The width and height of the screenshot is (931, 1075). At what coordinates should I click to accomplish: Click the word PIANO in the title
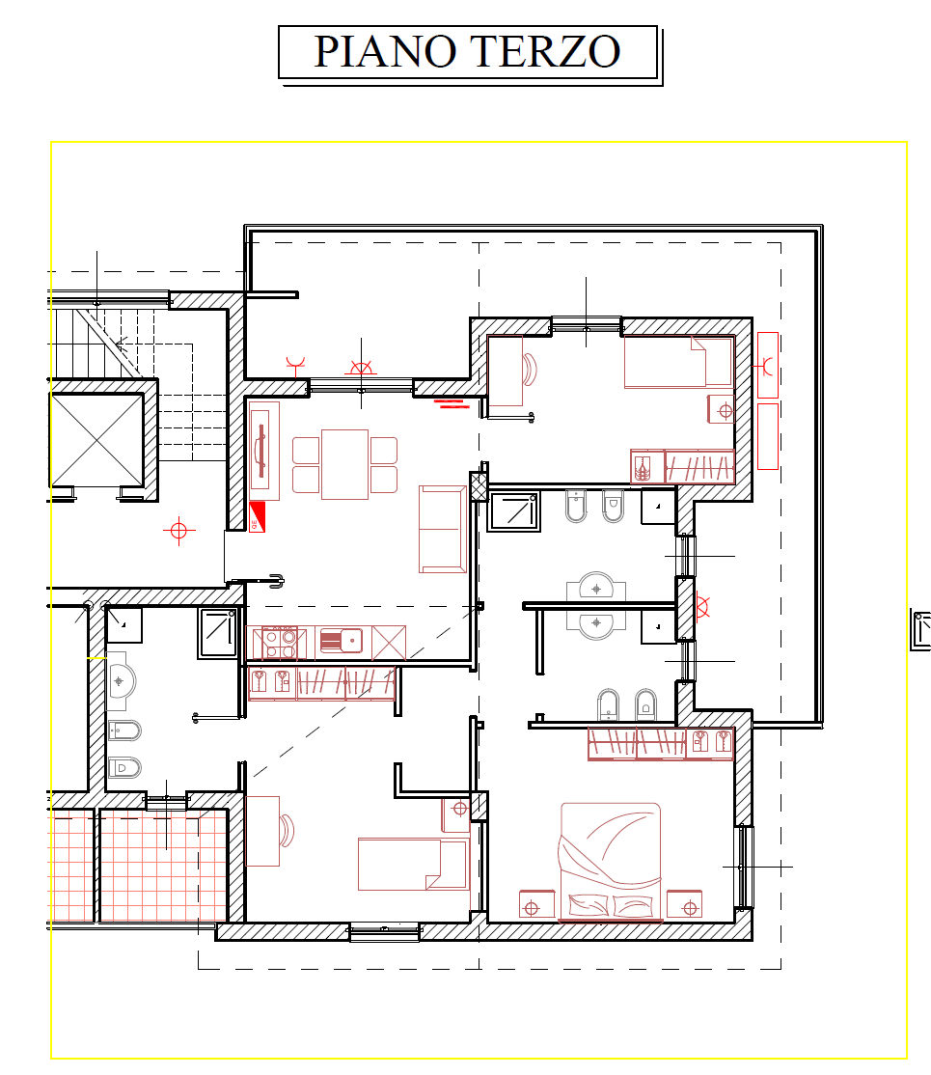pyautogui.click(x=385, y=51)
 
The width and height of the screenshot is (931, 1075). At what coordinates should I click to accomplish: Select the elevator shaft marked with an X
pyautogui.click(x=96, y=439)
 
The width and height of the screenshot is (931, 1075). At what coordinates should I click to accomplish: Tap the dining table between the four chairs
pyautogui.click(x=344, y=464)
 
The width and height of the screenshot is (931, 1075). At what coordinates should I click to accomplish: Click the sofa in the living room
pyautogui.click(x=443, y=529)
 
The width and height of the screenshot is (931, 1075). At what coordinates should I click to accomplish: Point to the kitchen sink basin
pyautogui.click(x=342, y=641)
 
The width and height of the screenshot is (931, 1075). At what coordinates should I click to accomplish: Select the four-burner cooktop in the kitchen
pyautogui.click(x=280, y=643)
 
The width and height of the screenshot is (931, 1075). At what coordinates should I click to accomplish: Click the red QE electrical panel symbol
pyautogui.click(x=257, y=517)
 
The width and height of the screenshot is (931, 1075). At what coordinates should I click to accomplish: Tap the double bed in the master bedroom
pyautogui.click(x=611, y=862)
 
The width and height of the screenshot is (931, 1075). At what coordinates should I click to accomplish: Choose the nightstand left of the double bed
pyautogui.click(x=536, y=904)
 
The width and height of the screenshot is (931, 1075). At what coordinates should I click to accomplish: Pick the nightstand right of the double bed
pyautogui.click(x=685, y=904)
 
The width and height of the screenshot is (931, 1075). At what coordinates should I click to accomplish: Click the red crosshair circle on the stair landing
pyautogui.click(x=178, y=531)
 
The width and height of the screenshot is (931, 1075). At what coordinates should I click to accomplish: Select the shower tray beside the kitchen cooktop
pyautogui.click(x=218, y=633)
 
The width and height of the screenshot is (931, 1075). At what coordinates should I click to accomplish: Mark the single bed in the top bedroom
pyautogui.click(x=678, y=361)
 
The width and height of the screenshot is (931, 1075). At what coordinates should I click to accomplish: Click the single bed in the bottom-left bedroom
pyautogui.click(x=413, y=864)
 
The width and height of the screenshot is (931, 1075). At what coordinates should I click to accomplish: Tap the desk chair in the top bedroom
pyautogui.click(x=530, y=370)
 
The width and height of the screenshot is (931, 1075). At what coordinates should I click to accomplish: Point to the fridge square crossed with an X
pyautogui.click(x=389, y=643)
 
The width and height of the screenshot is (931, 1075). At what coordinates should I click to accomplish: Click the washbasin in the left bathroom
pyautogui.click(x=122, y=681)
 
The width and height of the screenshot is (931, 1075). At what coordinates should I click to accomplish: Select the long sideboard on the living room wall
pyautogui.click(x=264, y=451)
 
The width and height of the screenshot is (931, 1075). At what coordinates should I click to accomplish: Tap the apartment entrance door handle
pyautogui.click(x=277, y=581)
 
